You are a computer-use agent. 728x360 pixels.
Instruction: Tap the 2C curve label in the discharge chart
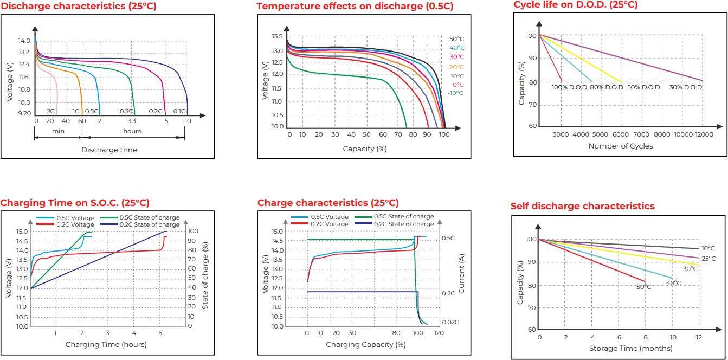click(x=50, y=111)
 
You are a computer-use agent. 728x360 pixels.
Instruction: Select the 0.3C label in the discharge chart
click(x=126, y=111)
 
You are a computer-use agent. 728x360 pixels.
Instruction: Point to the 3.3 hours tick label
click(x=132, y=121)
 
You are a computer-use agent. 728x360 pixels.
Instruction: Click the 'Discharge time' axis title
click(x=109, y=150)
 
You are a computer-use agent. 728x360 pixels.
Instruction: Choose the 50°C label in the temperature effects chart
click(x=456, y=39)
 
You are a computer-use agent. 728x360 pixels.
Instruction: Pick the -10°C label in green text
click(x=455, y=93)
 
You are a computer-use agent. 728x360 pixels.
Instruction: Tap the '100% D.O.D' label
click(x=569, y=87)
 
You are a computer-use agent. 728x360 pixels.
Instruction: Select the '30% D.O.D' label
click(x=685, y=87)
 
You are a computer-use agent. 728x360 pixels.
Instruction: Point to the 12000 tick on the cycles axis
click(x=703, y=134)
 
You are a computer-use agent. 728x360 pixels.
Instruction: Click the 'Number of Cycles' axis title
click(x=620, y=146)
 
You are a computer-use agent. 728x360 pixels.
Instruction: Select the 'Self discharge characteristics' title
click(x=582, y=206)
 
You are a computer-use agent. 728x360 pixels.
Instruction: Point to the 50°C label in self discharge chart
click(x=643, y=287)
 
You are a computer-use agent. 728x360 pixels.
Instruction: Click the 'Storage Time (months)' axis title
click(x=619, y=348)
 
